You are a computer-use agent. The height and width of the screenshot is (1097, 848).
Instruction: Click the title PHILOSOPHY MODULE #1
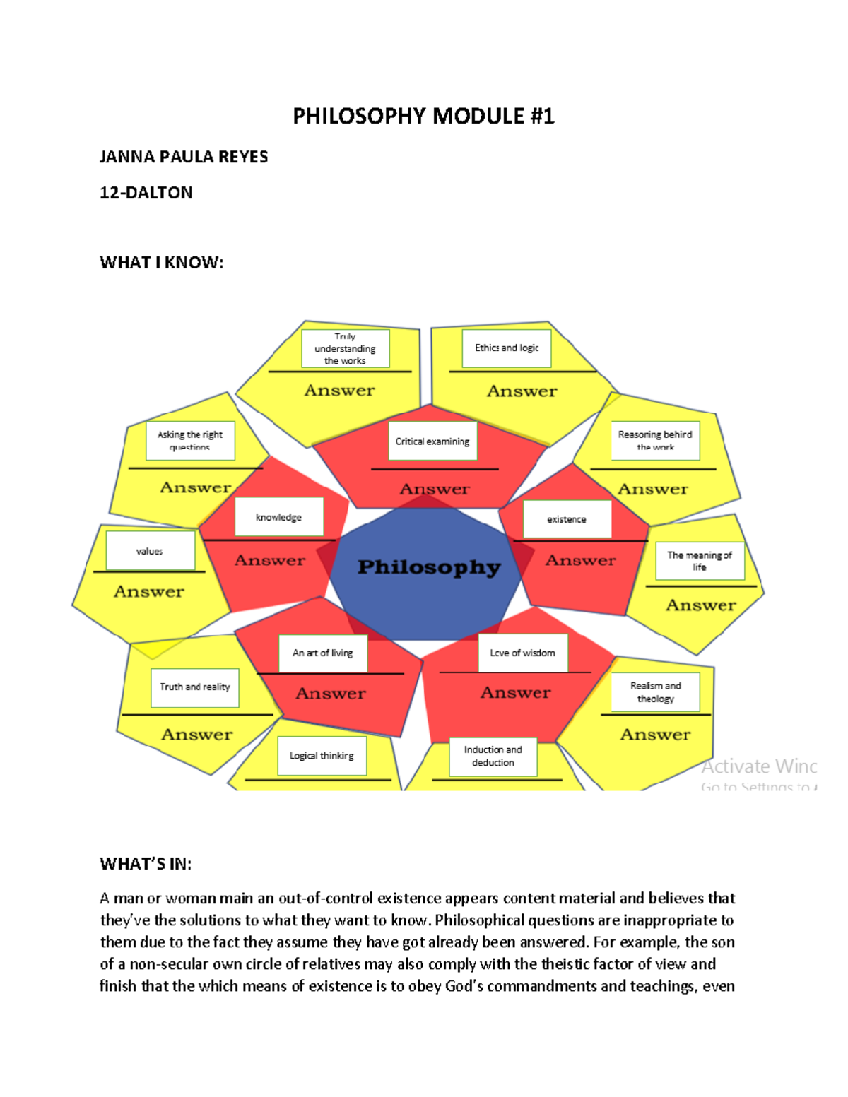click(423, 116)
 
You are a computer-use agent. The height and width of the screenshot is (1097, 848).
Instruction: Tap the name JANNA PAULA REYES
click(184, 157)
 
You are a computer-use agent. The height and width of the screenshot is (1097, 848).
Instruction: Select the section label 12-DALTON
click(146, 193)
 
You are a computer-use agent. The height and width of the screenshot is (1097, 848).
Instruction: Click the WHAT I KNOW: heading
click(161, 263)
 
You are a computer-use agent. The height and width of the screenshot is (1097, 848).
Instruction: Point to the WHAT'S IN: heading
click(146, 864)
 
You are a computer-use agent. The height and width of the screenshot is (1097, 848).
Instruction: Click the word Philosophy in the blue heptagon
click(429, 567)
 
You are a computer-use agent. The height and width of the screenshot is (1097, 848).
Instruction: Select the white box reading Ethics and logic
click(507, 348)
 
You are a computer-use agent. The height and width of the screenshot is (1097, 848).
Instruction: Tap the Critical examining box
click(432, 441)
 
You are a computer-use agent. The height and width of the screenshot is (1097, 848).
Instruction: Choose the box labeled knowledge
click(278, 517)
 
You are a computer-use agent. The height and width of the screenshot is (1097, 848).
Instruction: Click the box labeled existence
click(567, 519)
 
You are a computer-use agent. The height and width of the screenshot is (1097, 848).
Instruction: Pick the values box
click(150, 551)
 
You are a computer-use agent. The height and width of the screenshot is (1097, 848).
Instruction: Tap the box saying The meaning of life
click(700, 561)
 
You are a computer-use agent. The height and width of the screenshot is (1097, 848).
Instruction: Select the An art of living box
click(323, 653)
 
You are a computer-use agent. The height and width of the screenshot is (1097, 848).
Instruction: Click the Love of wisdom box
click(523, 653)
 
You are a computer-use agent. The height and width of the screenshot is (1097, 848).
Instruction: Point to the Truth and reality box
click(195, 687)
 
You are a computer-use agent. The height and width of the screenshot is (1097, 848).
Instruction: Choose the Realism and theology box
click(656, 692)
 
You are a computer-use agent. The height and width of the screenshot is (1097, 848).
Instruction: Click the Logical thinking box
click(322, 756)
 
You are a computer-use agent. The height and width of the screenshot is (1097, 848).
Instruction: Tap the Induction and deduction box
click(493, 757)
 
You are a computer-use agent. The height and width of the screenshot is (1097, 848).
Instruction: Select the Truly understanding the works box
click(345, 348)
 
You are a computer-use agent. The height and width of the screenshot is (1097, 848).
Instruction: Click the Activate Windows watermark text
click(759, 766)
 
